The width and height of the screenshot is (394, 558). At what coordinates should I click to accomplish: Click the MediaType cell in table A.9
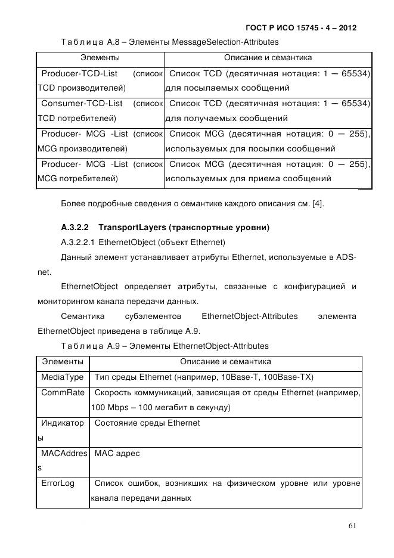pos(63,377)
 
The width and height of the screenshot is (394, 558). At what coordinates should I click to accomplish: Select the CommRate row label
pos(63,392)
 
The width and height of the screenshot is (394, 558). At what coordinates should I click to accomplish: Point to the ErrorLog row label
pos(58,483)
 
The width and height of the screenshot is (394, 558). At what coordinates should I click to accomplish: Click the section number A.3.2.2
pos(75,227)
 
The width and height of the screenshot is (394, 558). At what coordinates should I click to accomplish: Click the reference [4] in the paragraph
pos(318,204)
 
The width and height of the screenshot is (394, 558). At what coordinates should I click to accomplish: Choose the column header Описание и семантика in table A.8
pos(268,58)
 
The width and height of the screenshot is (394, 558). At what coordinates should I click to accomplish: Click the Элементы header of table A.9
pos(63,362)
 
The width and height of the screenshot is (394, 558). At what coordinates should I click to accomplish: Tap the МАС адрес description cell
pos(117,453)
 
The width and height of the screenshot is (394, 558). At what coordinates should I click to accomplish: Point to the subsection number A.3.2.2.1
pos(78,242)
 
